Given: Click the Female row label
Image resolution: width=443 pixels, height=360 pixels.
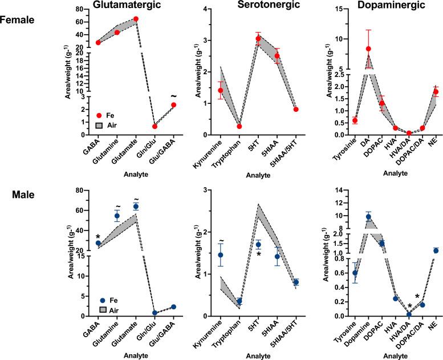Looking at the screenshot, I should pos(18,19).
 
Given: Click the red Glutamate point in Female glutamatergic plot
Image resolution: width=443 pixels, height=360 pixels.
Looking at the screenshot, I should pos(136,19).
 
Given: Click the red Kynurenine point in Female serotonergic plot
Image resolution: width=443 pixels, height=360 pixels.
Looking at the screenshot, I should pos(221,90).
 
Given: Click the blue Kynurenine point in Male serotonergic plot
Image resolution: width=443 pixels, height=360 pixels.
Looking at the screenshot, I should pos(221,255).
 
